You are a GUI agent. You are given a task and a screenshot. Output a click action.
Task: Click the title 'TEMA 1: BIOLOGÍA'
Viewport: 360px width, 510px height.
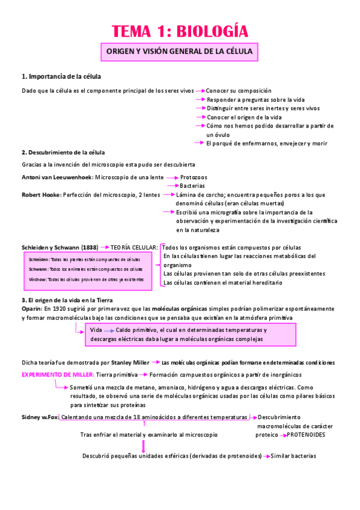pyautogui.click(x=180, y=31)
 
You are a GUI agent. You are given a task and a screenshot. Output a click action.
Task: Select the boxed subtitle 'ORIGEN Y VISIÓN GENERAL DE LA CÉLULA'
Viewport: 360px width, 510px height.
pyautogui.click(x=180, y=52)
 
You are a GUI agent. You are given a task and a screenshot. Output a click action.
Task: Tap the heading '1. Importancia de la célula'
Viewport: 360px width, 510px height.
pyautogui.click(x=61, y=76)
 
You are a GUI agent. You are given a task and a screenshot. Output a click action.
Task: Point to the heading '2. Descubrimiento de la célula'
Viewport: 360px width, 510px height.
pyautogui.click(x=63, y=152)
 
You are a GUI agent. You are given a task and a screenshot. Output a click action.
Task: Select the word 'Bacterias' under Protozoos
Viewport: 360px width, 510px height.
pyautogui.click(x=192, y=186)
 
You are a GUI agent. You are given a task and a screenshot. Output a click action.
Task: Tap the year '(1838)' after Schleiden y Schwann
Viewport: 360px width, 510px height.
pyautogui.click(x=90, y=247)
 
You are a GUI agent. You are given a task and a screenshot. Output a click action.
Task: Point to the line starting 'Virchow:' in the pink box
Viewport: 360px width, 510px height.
pyautogui.click(x=87, y=280)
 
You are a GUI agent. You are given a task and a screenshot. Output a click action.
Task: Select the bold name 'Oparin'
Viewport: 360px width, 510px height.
pyautogui.click(x=31, y=309)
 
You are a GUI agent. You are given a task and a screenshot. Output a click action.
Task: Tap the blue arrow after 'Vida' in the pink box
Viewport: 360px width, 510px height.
pyautogui.click(x=109, y=331)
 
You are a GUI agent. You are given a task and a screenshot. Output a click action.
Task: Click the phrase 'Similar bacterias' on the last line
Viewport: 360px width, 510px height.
pyautogui.click(x=293, y=456)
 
